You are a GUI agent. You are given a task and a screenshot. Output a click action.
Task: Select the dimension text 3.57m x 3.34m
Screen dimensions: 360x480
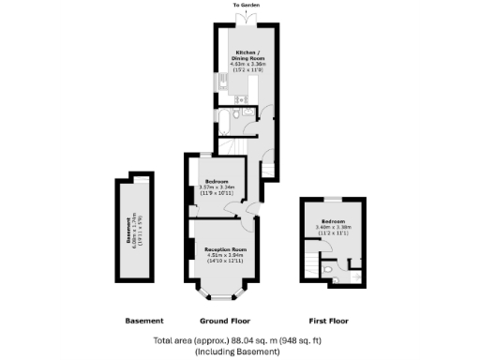(x=216, y=187)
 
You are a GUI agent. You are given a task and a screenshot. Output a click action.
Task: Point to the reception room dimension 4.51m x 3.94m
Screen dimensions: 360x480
(x=224, y=256)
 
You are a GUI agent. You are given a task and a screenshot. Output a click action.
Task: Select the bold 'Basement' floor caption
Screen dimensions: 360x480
(x=144, y=321)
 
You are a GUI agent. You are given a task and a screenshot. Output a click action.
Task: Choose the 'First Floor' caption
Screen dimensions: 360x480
(x=328, y=321)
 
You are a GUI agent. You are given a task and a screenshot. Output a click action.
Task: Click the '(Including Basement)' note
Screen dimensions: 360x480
(x=237, y=352)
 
